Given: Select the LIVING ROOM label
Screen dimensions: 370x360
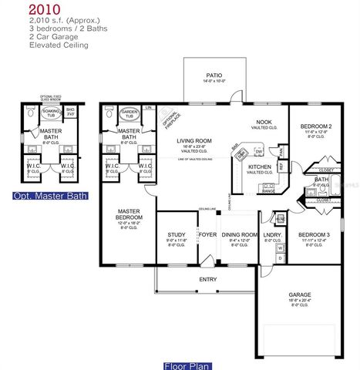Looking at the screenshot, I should pyautogui.click(x=194, y=140).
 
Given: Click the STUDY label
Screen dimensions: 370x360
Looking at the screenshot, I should pyautogui.click(x=177, y=235).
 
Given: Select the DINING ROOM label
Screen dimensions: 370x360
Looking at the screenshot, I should pyautogui.click(x=239, y=235).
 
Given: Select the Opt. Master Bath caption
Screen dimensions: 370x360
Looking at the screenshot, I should pyautogui.click(x=50, y=197).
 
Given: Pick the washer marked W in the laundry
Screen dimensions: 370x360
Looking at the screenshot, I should pyautogui.click(x=281, y=248).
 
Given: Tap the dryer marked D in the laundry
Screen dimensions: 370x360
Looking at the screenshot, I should pyautogui.click(x=281, y=257).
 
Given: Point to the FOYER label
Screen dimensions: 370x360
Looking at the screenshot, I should pyautogui.click(x=207, y=235).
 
